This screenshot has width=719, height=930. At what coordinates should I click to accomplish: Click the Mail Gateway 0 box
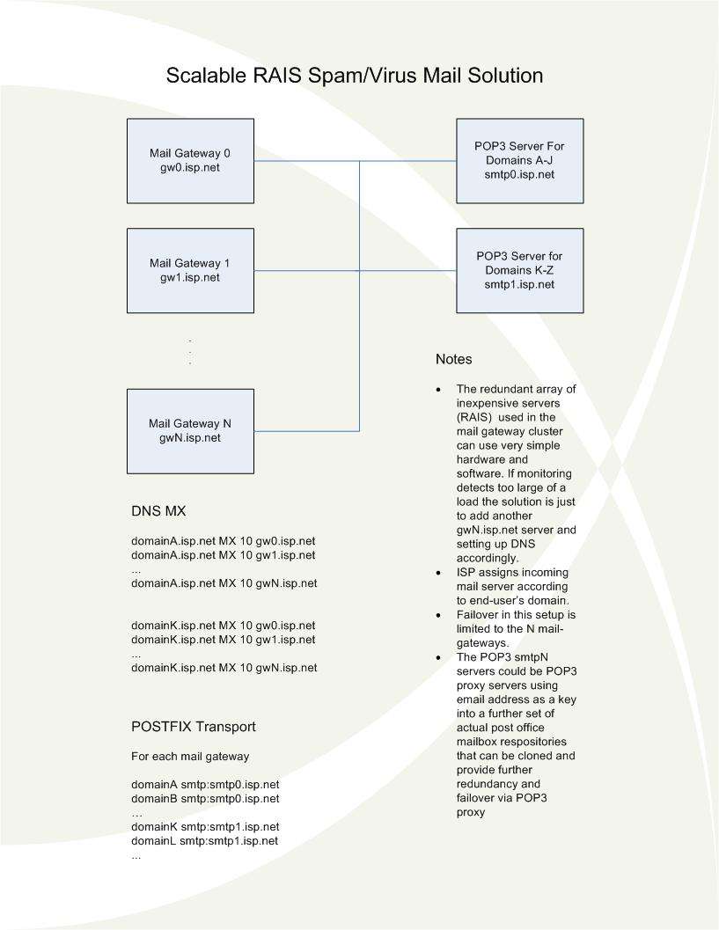click(190, 160)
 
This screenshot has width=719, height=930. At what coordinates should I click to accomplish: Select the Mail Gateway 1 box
click(190, 270)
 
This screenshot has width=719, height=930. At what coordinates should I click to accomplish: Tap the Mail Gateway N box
click(190, 430)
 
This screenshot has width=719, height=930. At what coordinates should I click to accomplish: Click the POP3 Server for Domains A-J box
click(519, 160)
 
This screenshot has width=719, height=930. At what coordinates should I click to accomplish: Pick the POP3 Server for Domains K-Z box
click(519, 270)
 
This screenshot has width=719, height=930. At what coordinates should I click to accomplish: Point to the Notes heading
click(454, 360)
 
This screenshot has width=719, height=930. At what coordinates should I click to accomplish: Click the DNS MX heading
click(158, 511)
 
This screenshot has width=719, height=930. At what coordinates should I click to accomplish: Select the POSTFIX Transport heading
click(194, 727)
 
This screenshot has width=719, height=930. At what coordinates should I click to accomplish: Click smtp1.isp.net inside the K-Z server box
click(519, 284)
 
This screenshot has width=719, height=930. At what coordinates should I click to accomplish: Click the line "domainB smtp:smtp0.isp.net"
click(205, 798)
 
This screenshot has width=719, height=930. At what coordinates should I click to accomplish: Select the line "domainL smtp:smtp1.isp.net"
click(205, 841)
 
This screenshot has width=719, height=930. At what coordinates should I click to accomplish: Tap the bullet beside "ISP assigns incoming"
click(439, 572)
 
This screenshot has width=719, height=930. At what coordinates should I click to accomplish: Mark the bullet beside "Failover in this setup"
click(439, 614)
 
